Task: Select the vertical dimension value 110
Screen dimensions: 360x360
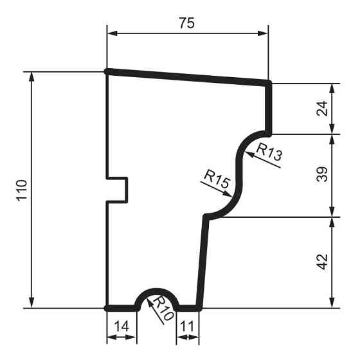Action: pos(22,190)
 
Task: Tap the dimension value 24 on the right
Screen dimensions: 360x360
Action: pos(323,108)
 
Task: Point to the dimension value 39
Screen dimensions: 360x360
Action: pos(323,175)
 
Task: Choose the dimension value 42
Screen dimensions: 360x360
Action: pos(323,262)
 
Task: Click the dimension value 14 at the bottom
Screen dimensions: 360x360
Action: pos(121,326)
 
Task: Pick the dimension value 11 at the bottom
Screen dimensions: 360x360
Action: pos(187,326)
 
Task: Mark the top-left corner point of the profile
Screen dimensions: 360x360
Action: pos(107,71)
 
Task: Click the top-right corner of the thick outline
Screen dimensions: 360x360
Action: pos(269,82)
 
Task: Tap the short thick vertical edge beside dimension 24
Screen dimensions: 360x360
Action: pos(269,108)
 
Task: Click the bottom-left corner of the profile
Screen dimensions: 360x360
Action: pos(107,308)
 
